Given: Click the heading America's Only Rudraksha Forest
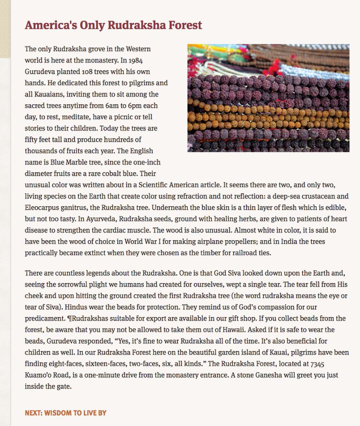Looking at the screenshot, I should tap(113, 25).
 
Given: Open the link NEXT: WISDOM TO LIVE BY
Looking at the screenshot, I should tap(65, 413).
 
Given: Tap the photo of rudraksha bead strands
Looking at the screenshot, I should tap(268, 98).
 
